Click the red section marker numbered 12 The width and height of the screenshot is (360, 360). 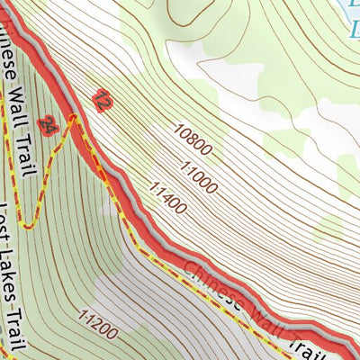pyautogui.click(x=102, y=101)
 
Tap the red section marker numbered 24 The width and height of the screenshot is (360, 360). pyautogui.click(x=50, y=128)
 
